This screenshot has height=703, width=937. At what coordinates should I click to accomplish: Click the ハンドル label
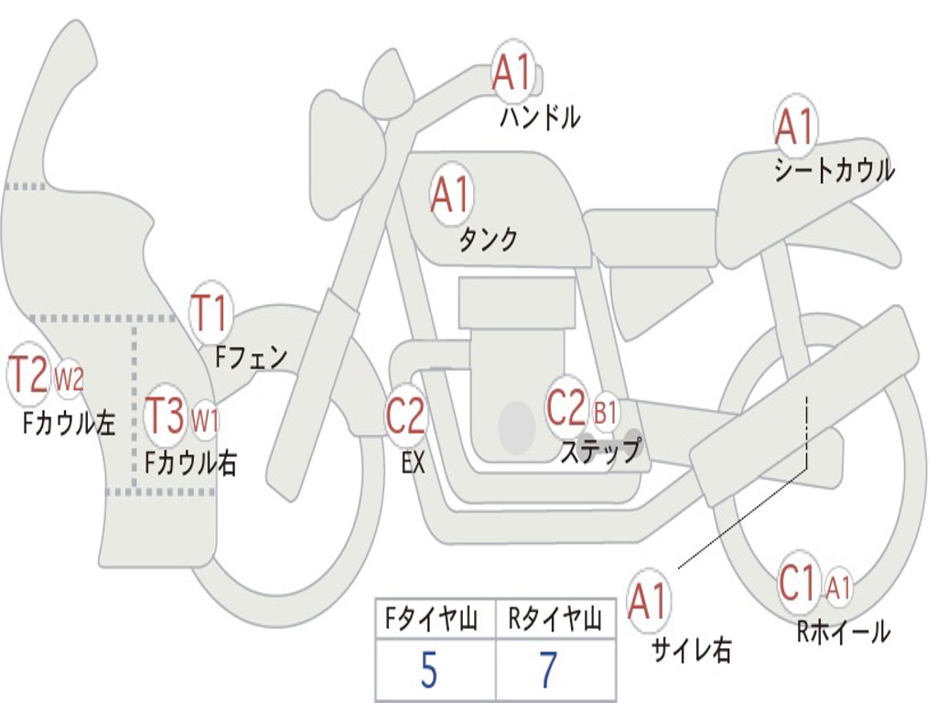540,117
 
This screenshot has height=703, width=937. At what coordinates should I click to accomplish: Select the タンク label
488,239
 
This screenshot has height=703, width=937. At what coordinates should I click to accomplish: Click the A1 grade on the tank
450,195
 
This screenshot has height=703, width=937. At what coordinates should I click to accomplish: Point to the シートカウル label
834,171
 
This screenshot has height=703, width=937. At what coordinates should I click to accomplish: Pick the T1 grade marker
210,314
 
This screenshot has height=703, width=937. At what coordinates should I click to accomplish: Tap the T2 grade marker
28,375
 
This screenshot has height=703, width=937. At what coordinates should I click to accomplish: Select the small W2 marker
70,378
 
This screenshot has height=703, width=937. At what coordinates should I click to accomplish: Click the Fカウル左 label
69,422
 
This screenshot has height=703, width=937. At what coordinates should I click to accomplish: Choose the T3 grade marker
167,416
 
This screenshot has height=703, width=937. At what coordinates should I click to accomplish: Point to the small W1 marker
205,420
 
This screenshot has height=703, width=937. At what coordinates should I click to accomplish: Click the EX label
413,462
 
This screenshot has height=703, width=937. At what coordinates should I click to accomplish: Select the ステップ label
600,450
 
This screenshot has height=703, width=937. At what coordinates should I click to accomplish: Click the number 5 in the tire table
428,671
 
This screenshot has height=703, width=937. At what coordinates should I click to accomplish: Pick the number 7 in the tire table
547,671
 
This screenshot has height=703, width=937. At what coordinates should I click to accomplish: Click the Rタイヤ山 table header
555,621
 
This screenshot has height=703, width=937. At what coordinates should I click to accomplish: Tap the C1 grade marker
797,583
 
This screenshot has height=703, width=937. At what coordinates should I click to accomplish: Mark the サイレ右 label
691,650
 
